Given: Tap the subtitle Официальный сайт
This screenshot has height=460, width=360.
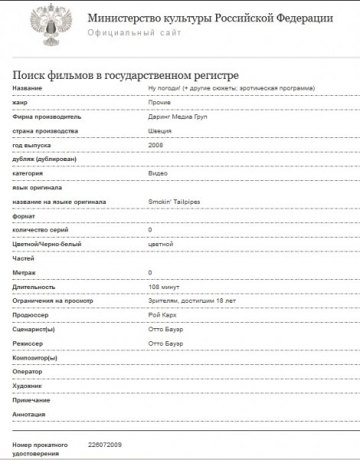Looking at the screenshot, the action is pyautogui.click(x=135, y=33).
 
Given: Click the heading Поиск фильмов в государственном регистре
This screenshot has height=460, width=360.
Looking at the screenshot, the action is pyautogui.click(x=126, y=74).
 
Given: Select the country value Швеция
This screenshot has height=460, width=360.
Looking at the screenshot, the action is pyautogui.click(x=159, y=131).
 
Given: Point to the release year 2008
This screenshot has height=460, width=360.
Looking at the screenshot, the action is pyautogui.click(x=155, y=145).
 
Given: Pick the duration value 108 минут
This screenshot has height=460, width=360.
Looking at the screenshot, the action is pyautogui.click(x=164, y=287).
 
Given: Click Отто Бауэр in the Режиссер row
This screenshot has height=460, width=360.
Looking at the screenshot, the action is pyautogui.click(x=166, y=343).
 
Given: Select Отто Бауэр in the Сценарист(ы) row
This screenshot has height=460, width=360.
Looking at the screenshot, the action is pyautogui.click(x=166, y=330).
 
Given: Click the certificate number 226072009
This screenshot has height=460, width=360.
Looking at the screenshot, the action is pyautogui.click(x=105, y=445).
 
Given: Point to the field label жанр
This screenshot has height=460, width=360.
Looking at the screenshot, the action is pyautogui.click(x=21, y=103).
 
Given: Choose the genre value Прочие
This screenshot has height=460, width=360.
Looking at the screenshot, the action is pyautogui.click(x=159, y=103).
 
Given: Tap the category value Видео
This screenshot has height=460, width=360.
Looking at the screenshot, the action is pyautogui.click(x=158, y=174).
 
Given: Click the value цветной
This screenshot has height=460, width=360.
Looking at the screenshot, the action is pyautogui.click(x=161, y=244).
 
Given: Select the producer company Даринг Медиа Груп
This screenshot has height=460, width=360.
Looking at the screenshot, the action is pyautogui.click(x=178, y=117).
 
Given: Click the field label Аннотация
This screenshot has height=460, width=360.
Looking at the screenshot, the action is pyautogui.click(x=31, y=415).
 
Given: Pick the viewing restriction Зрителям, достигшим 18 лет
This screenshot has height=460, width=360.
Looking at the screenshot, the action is pyautogui.click(x=187, y=301).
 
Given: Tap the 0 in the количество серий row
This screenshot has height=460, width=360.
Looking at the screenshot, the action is pyautogui.click(x=150, y=230).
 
